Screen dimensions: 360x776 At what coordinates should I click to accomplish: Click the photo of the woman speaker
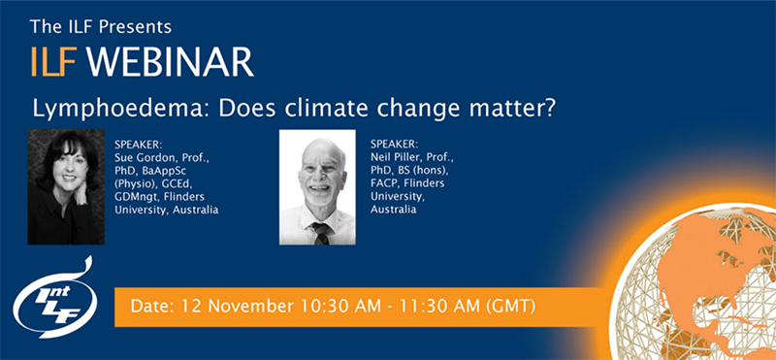65,186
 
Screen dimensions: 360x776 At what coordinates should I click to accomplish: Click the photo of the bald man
317,186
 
